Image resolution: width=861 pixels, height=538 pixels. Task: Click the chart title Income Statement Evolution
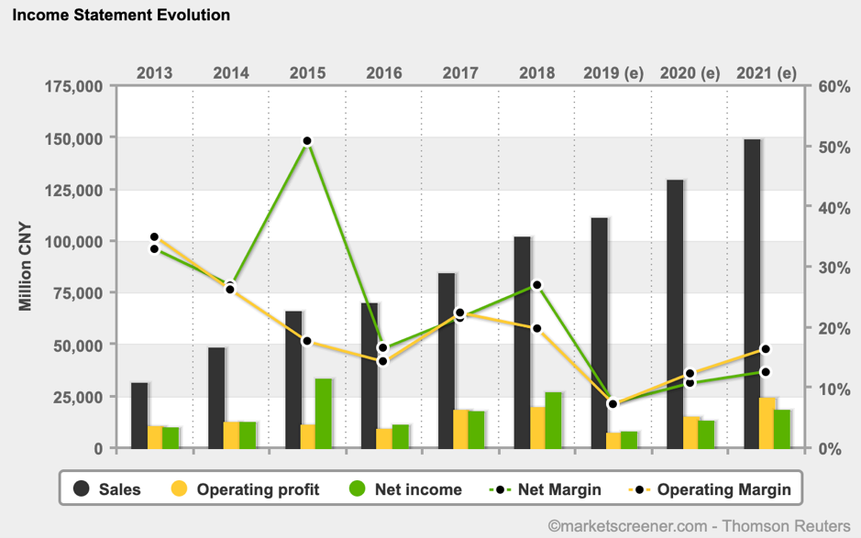[121, 15]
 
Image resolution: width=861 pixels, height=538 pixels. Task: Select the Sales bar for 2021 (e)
[753, 293]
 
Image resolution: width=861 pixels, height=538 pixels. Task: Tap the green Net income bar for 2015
[324, 413]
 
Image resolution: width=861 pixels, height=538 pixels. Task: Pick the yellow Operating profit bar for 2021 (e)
[767, 423]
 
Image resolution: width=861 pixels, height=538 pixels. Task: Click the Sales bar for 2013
[139, 415]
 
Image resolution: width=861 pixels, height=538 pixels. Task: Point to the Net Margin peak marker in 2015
[307, 141]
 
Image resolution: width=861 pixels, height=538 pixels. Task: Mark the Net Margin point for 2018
[537, 285]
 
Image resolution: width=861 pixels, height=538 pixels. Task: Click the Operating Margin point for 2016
[384, 361]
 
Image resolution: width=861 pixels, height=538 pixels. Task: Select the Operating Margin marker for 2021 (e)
[766, 349]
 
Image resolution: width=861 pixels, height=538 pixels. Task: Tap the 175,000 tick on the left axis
[72, 86]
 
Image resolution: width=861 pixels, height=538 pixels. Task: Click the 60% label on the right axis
[835, 86]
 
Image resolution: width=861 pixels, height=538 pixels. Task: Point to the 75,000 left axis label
[77, 293]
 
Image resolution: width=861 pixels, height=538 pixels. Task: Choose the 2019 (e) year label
[613, 72]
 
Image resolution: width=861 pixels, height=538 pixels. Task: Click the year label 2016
[384, 72]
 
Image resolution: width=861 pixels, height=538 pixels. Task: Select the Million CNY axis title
[25, 267]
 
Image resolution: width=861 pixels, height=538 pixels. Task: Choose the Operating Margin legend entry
[710, 489]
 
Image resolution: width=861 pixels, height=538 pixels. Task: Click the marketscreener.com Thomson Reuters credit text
[699, 525]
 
